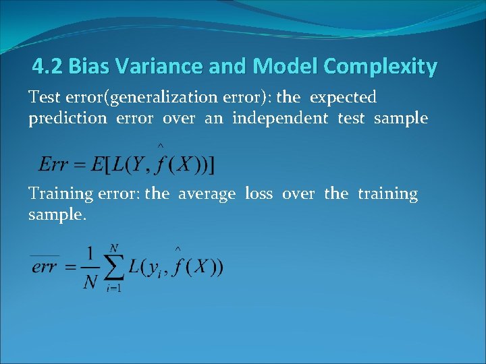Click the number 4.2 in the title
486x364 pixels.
tap(48, 67)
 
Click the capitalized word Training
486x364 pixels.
tap(61, 194)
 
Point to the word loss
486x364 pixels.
tap(259, 194)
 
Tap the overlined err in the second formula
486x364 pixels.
tap(45, 267)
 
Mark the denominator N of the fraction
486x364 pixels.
tap(90, 282)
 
